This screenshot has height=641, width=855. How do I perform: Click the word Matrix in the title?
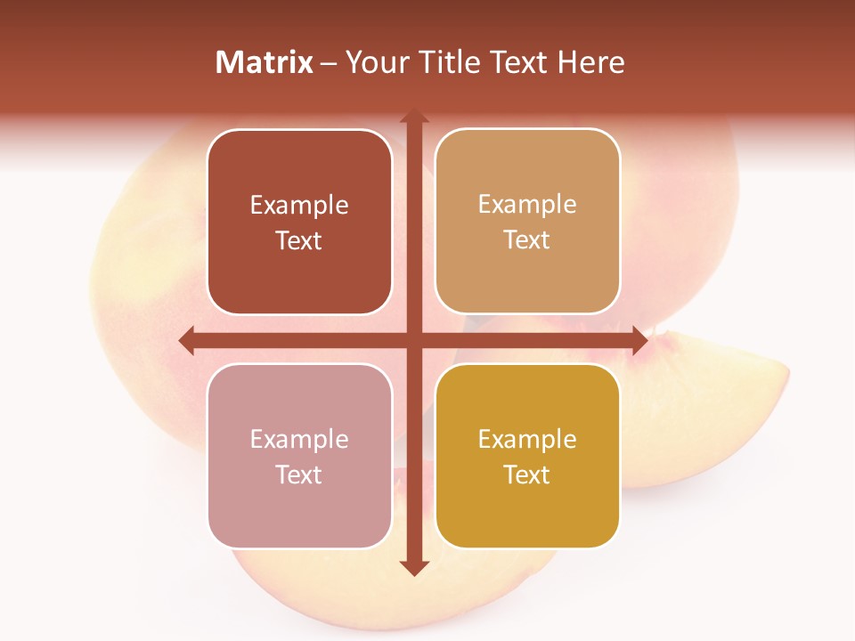[265, 62]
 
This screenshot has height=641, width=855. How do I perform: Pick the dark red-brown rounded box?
[299, 223]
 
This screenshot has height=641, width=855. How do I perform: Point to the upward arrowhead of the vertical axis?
[413, 117]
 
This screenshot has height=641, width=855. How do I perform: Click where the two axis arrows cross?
[413, 340]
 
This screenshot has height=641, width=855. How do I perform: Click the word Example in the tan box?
[527, 205]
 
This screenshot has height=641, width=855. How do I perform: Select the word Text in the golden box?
[527, 475]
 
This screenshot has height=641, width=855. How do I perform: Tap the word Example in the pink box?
[299, 439]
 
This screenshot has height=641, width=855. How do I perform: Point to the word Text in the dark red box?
[299, 241]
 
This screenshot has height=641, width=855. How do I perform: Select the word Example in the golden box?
[527, 439]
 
